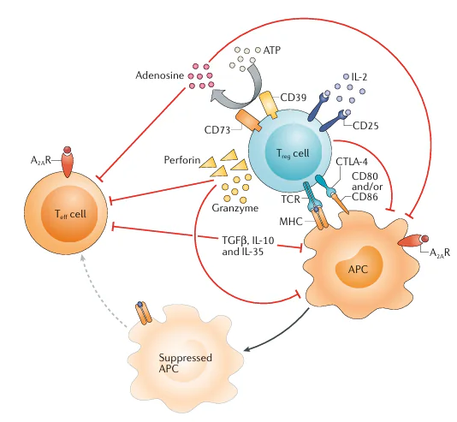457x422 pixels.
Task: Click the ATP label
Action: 272,51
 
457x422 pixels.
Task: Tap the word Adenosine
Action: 160,75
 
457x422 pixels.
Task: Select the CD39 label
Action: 294,98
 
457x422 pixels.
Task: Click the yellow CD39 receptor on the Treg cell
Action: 269,104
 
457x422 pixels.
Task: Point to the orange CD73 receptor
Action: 248,121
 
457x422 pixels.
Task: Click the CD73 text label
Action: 217,130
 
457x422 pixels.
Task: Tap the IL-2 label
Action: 359,77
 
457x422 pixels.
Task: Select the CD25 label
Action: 365,126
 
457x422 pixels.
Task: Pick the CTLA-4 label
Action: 352,162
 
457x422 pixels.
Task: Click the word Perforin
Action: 182,160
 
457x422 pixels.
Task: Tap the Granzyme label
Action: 234,208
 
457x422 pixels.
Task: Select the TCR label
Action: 291,199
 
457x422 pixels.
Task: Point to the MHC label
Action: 291,222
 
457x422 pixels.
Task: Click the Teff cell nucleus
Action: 69,213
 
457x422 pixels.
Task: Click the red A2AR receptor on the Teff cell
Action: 68,162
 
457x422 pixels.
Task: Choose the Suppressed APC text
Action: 186,363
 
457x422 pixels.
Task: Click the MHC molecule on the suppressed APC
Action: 144,313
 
